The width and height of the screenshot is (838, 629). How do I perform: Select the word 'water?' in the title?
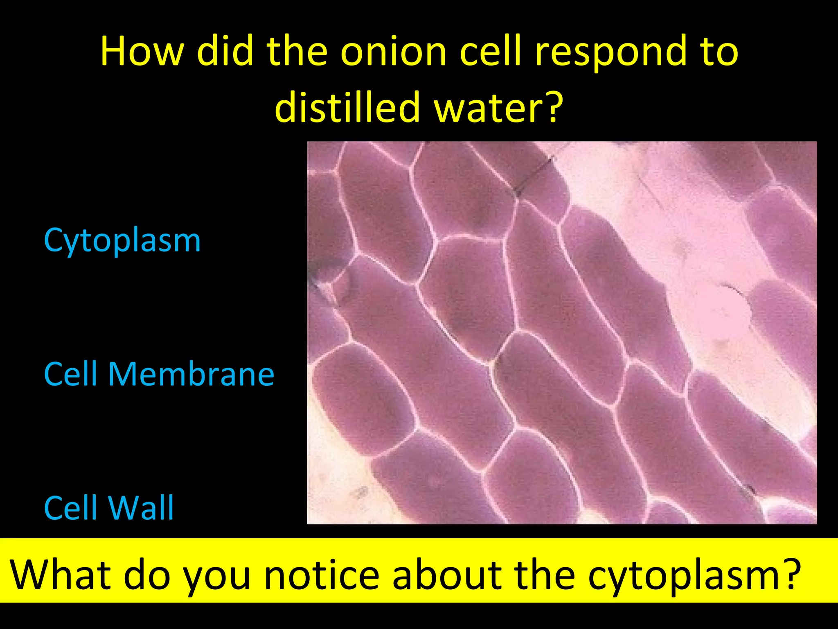pyautogui.click(x=499, y=107)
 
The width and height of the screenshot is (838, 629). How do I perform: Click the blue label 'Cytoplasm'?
pyautogui.click(x=122, y=241)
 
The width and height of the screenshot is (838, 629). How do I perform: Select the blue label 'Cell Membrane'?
pyautogui.click(x=159, y=374)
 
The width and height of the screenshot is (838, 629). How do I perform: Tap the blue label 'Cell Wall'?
pyautogui.click(x=109, y=508)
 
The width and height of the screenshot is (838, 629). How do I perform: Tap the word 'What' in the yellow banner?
pyautogui.click(x=61, y=574)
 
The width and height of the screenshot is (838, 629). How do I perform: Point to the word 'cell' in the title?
pyautogui.click(x=491, y=52)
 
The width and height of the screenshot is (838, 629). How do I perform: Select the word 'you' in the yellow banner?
pyautogui.click(x=216, y=574)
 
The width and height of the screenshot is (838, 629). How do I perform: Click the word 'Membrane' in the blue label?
pyautogui.click(x=191, y=374)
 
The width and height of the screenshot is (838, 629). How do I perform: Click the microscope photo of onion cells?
pyautogui.click(x=562, y=333)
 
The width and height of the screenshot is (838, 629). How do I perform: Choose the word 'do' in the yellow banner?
pyautogui.click(x=147, y=574)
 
